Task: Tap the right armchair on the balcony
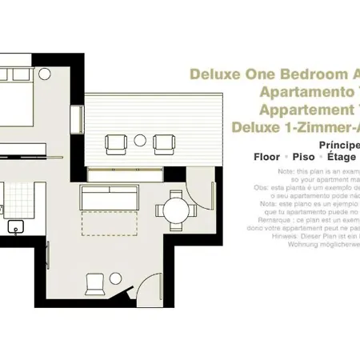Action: (164, 143)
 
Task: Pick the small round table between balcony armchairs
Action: (141, 140)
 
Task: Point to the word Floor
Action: (266, 158)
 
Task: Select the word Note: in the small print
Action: (286, 172)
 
